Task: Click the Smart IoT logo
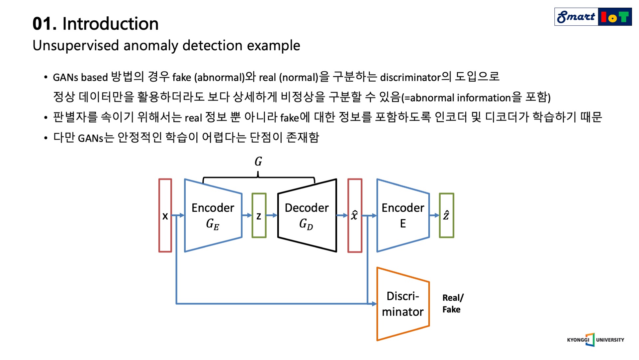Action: pos(593,17)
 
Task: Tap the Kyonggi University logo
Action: pos(595,340)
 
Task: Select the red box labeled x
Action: pos(165,215)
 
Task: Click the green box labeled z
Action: pos(259,215)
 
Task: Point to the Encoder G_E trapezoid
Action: pos(213,215)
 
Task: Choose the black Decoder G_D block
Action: pos(307,215)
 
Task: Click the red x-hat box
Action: pos(355,215)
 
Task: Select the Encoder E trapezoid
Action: pos(403,215)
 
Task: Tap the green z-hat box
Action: pos(446,215)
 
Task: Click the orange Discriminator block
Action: pos(403,304)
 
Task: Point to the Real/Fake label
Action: pos(452,303)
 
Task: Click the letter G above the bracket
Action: pos(258,162)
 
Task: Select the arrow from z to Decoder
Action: pos(272,215)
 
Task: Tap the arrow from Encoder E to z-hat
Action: pos(434,215)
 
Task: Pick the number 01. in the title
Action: pos(44,24)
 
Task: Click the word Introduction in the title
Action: pos(110,24)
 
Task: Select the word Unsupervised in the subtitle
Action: pos(76,46)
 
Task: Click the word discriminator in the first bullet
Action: pos(410,77)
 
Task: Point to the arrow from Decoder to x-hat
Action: pos(342,215)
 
